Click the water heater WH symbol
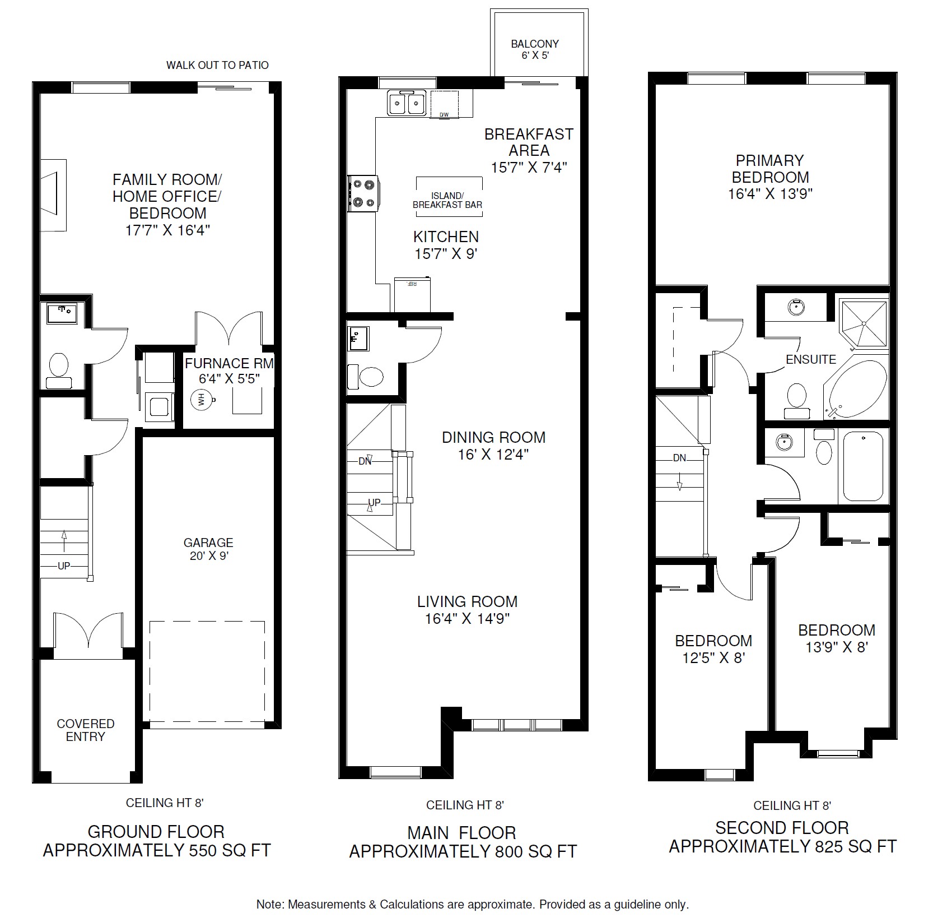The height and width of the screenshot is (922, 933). pyautogui.click(x=200, y=400)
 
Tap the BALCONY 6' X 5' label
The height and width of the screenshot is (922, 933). pyautogui.click(x=534, y=50)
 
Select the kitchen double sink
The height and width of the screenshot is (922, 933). pyautogui.click(x=407, y=103)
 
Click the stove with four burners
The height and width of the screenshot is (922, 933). pyautogui.click(x=363, y=193)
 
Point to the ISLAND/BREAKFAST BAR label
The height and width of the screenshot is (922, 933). pyautogui.click(x=447, y=200)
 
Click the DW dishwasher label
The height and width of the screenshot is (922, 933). pyautogui.click(x=444, y=115)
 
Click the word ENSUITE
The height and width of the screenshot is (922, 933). pyautogui.click(x=811, y=359)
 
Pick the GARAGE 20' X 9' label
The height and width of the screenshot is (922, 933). pyautogui.click(x=208, y=549)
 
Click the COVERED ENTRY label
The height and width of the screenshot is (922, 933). pyautogui.click(x=86, y=730)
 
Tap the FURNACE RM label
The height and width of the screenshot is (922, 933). pyautogui.click(x=230, y=363)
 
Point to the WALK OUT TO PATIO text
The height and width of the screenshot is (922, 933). pyautogui.click(x=217, y=65)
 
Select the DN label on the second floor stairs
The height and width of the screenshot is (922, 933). pyautogui.click(x=679, y=458)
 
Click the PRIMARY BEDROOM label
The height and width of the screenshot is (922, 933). pyautogui.click(x=770, y=169)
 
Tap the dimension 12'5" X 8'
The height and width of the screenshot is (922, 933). pyautogui.click(x=713, y=657)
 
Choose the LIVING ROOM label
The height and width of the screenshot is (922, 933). pyautogui.click(x=467, y=601)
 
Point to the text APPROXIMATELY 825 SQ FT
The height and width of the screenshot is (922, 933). pyautogui.click(x=783, y=846)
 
